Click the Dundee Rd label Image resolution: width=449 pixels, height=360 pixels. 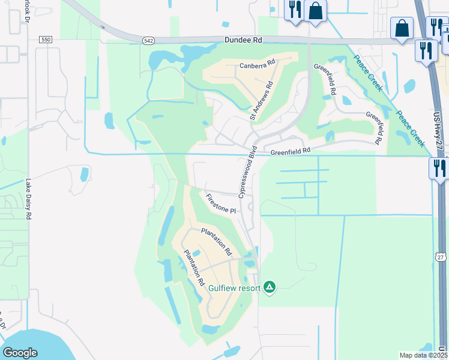[244, 40]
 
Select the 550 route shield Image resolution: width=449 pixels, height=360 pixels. [46, 40]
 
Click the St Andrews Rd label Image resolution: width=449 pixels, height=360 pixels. [262, 101]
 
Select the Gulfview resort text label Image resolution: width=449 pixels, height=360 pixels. [234, 288]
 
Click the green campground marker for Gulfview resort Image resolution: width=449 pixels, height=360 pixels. [270, 288]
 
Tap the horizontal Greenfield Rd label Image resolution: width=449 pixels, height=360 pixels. [291, 151]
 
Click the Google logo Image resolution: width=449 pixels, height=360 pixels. [20, 353]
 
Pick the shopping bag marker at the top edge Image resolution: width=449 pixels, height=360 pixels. [315, 10]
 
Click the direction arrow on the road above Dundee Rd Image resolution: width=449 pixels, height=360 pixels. [103, 26]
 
